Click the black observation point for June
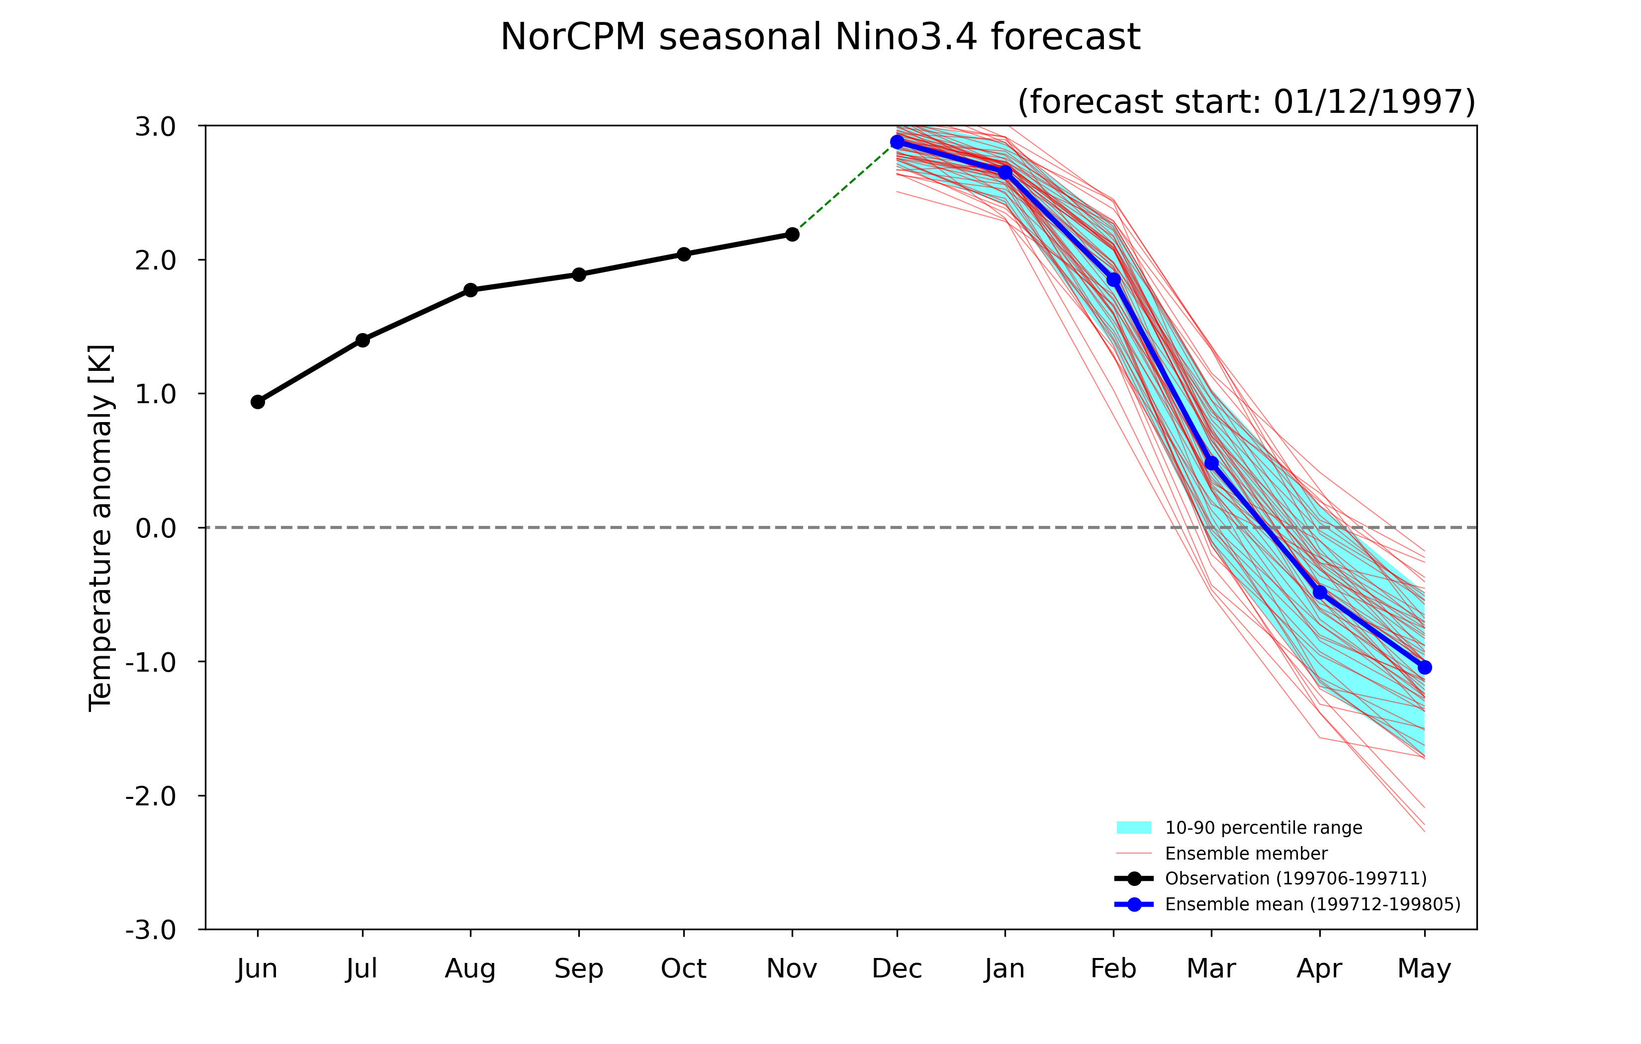258,402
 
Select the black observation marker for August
470,290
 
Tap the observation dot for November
792,235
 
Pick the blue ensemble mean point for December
897,142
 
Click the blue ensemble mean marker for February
1113,280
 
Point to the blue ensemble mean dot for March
1211,463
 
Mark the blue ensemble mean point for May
1424,668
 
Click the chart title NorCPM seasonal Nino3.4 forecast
820,37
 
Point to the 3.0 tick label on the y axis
155,127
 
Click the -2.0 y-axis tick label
151,796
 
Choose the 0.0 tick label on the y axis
155,528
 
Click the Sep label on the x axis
578,969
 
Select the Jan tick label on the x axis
1004,968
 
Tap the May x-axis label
1424,969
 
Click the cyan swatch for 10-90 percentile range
1134,827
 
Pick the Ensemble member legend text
1246,853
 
